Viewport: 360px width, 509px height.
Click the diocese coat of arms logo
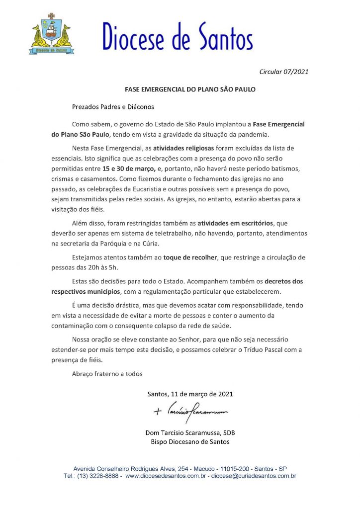[x=52, y=33]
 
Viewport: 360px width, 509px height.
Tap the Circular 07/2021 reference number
[x=284, y=72]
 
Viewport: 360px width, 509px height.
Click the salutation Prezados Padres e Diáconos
[x=113, y=106]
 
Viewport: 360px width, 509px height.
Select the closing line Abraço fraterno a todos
[x=107, y=374]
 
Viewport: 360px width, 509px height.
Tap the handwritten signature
[x=190, y=412]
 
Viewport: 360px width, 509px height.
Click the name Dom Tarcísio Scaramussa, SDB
[x=190, y=433]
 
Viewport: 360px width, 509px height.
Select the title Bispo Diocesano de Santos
[x=190, y=442]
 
